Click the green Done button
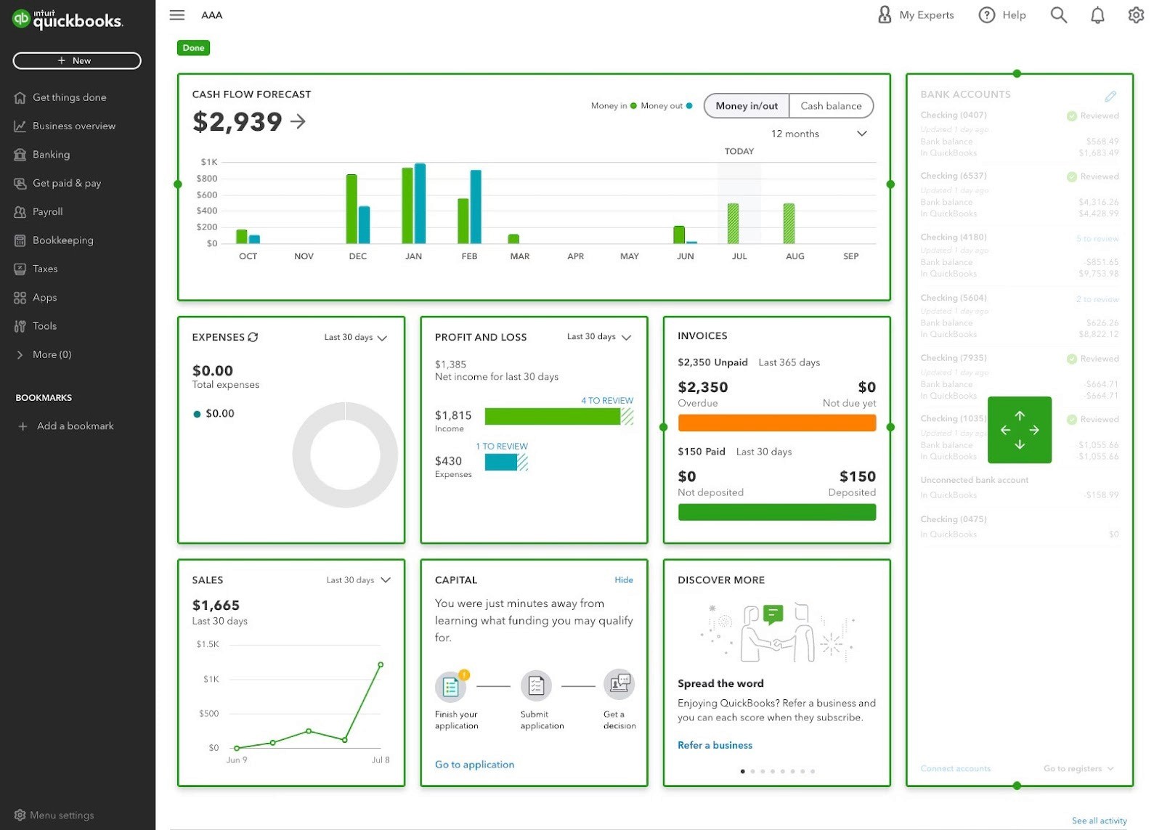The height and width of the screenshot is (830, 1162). click(193, 48)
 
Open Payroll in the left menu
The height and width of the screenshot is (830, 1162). click(47, 211)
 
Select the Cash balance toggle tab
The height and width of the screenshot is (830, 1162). click(830, 106)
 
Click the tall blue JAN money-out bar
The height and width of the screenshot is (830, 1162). click(420, 204)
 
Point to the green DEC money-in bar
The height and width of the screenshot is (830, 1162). click(352, 209)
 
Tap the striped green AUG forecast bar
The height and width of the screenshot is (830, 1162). click(789, 224)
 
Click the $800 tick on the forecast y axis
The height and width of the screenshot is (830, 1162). click(207, 179)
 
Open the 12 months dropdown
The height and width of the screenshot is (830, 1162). click(818, 134)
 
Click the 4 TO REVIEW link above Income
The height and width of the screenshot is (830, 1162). click(606, 401)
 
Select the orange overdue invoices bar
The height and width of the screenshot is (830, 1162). click(776, 423)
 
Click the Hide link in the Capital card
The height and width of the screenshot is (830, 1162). click(623, 580)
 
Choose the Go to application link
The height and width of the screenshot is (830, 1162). click(474, 765)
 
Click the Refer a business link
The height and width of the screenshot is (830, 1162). click(715, 745)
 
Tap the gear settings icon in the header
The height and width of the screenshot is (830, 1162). click(1136, 15)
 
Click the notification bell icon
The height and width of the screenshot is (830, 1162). click(1097, 15)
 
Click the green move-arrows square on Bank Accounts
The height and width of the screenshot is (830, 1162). click(1019, 430)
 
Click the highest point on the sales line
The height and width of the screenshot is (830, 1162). click(381, 664)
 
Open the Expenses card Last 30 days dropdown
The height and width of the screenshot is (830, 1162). click(356, 338)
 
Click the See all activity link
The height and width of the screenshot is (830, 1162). click(1099, 821)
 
